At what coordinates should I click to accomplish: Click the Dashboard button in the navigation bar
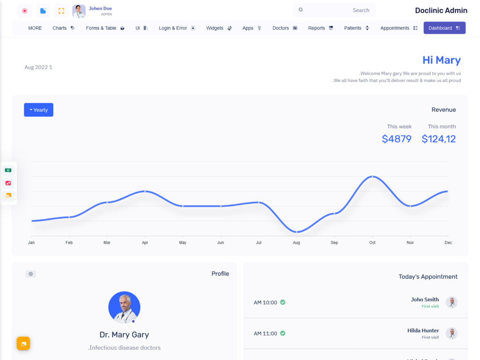tap(444, 28)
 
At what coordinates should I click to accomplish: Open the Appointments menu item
tap(398, 28)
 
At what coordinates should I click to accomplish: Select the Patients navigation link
tap(356, 28)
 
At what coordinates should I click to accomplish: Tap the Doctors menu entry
tap(285, 28)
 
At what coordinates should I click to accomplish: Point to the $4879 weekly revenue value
tap(397, 139)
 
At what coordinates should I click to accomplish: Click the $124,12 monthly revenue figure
tap(439, 139)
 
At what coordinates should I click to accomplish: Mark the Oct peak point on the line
tap(372, 177)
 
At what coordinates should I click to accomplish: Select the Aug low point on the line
tap(296, 232)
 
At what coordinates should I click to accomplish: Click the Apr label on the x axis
tap(145, 243)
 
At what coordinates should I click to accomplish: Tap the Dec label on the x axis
tap(448, 243)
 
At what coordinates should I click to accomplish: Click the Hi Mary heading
tap(441, 60)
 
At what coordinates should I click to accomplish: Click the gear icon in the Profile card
tap(30, 274)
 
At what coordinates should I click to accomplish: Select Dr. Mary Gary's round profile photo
tap(124, 307)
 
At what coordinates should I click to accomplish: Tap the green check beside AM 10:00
tap(283, 302)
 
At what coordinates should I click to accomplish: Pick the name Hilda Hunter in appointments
tap(423, 330)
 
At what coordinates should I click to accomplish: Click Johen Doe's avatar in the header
tap(79, 11)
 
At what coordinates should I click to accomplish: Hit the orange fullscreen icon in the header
tap(61, 11)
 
